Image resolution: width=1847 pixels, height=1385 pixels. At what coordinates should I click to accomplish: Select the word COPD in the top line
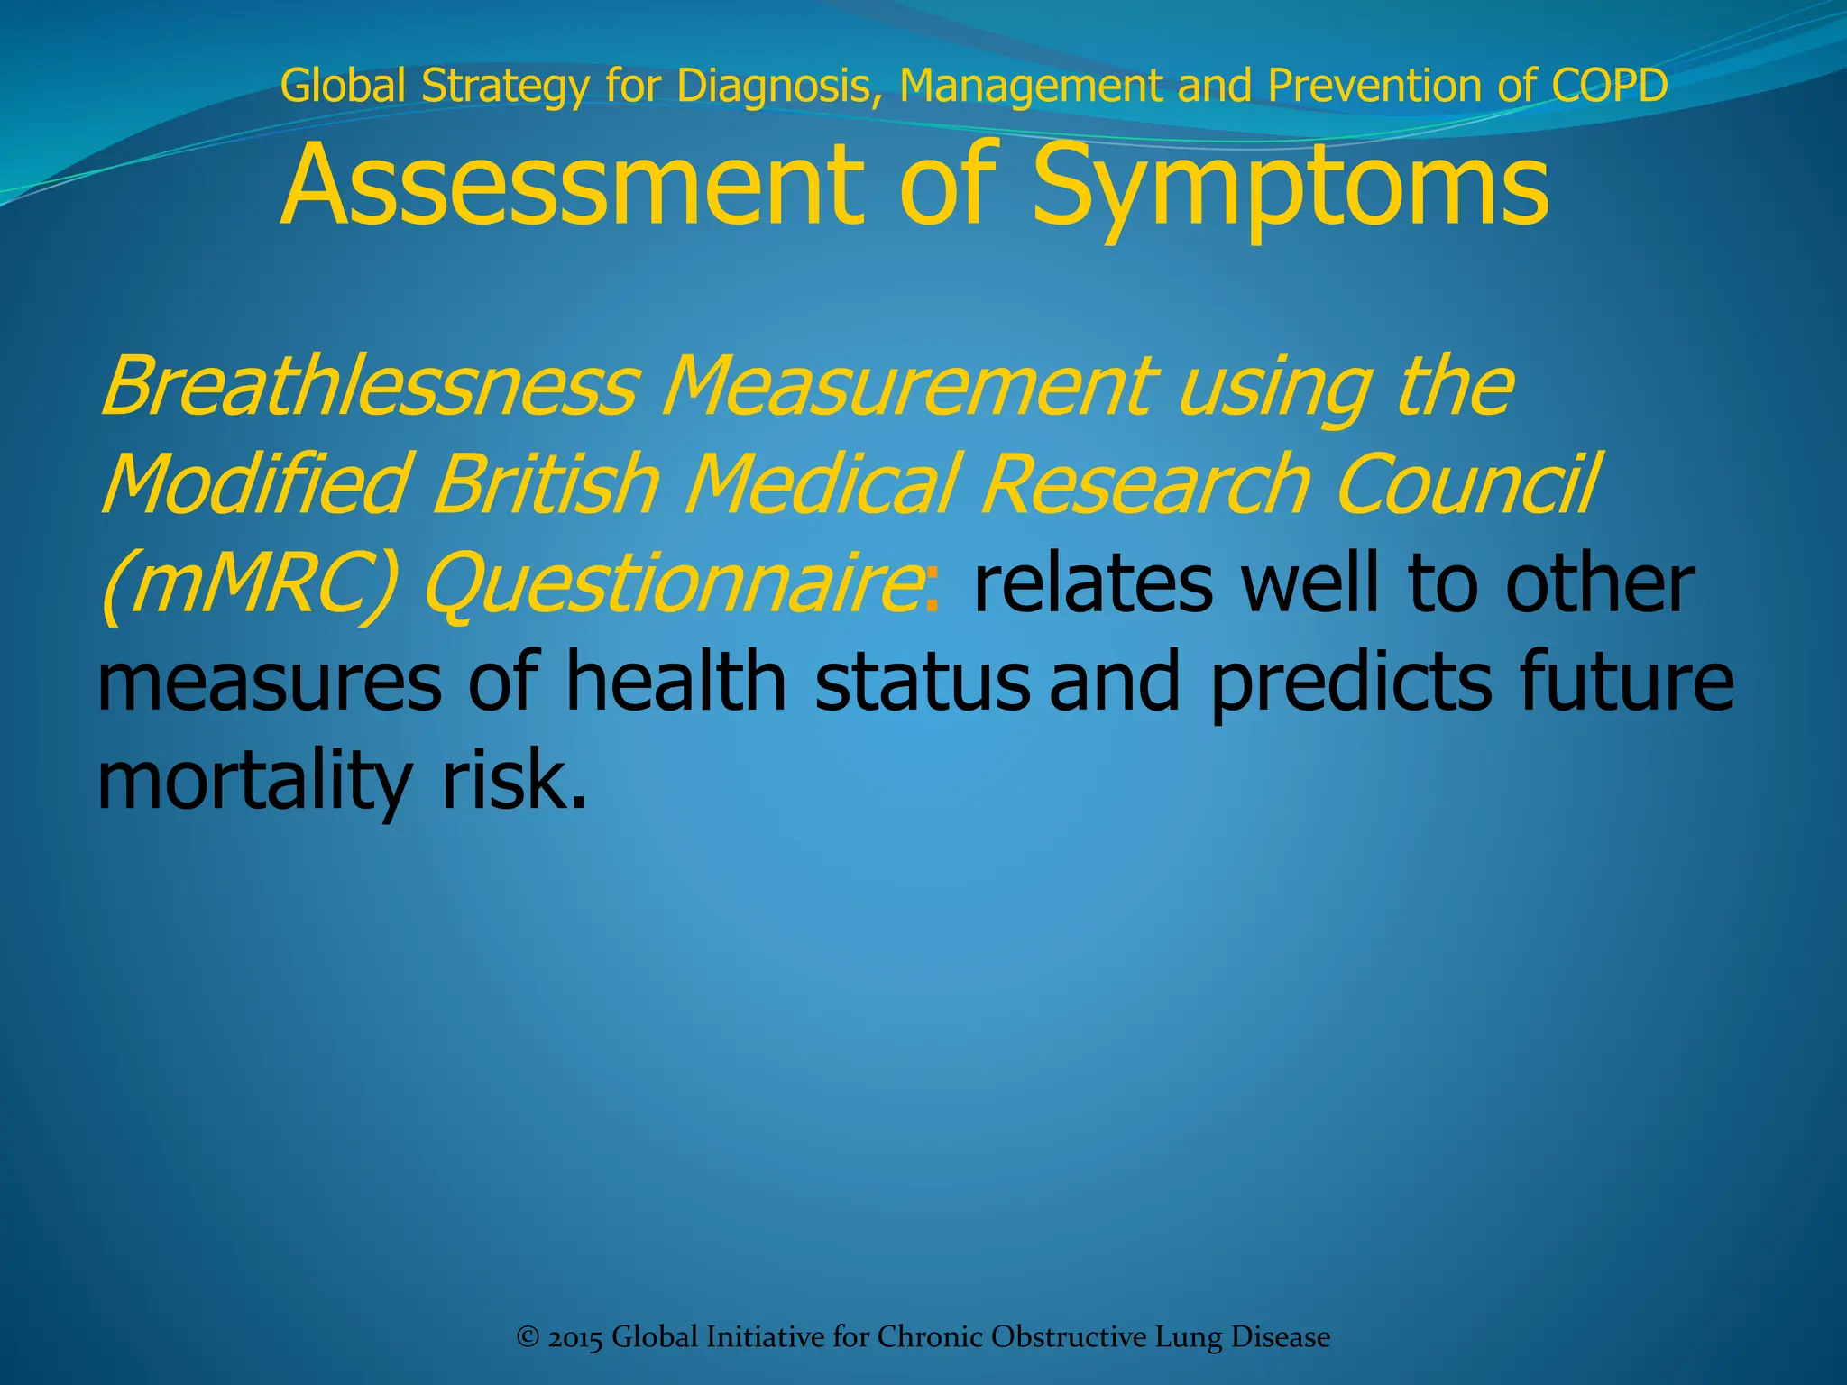(1609, 86)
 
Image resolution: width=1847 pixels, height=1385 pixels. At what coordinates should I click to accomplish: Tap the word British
(546, 484)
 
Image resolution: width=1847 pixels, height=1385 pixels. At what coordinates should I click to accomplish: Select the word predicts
(1350, 683)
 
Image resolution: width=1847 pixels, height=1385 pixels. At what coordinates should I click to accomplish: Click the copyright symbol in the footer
(528, 1336)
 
